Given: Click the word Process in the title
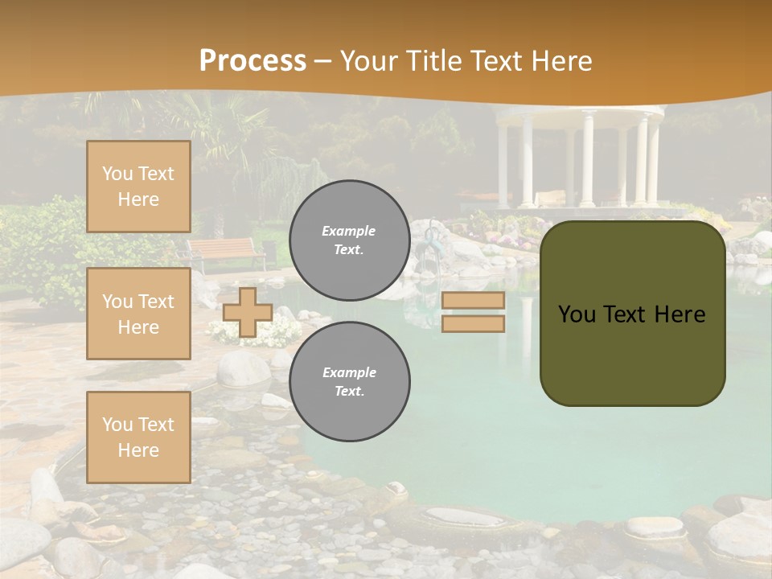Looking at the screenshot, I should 253,61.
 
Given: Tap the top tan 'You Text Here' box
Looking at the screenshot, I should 138,187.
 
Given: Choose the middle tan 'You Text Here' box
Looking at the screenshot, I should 138,314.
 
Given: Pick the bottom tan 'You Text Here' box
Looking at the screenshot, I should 138,437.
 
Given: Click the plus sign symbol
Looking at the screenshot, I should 247,312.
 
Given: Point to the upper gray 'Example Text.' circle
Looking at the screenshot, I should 349,240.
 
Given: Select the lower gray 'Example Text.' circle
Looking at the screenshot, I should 349,382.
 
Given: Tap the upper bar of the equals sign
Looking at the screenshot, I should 473,300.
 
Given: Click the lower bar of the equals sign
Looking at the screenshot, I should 473,323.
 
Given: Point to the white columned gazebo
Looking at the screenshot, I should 579,157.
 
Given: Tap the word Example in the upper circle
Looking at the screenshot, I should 349,231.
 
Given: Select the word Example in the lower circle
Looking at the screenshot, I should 349,372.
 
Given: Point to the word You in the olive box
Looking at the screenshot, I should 577,314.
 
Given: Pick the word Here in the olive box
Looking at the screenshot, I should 680,314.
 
